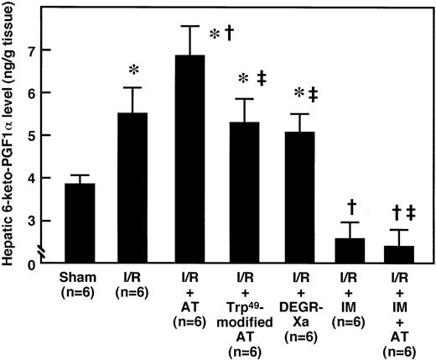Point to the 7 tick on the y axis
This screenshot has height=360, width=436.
click(x=42, y=50)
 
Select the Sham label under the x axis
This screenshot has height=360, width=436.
click(x=80, y=277)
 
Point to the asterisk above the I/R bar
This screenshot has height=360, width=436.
click(x=136, y=65)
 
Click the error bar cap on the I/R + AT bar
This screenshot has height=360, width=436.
click(x=191, y=26)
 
